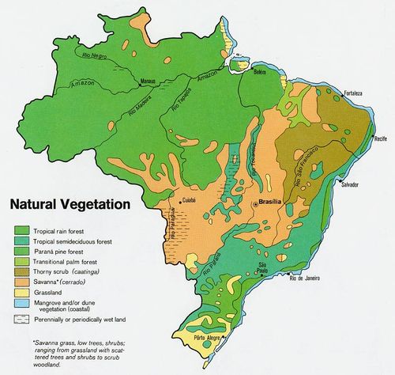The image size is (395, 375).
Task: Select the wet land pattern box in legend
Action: (x=22, y=319)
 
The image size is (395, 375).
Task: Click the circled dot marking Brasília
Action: (x=254, y=204)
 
